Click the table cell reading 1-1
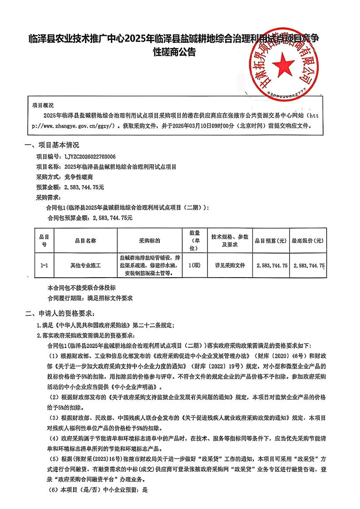pos(44,265)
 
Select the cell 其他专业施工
pos(85,265)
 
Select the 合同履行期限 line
pos(90,299)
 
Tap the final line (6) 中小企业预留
pos(99,490)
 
